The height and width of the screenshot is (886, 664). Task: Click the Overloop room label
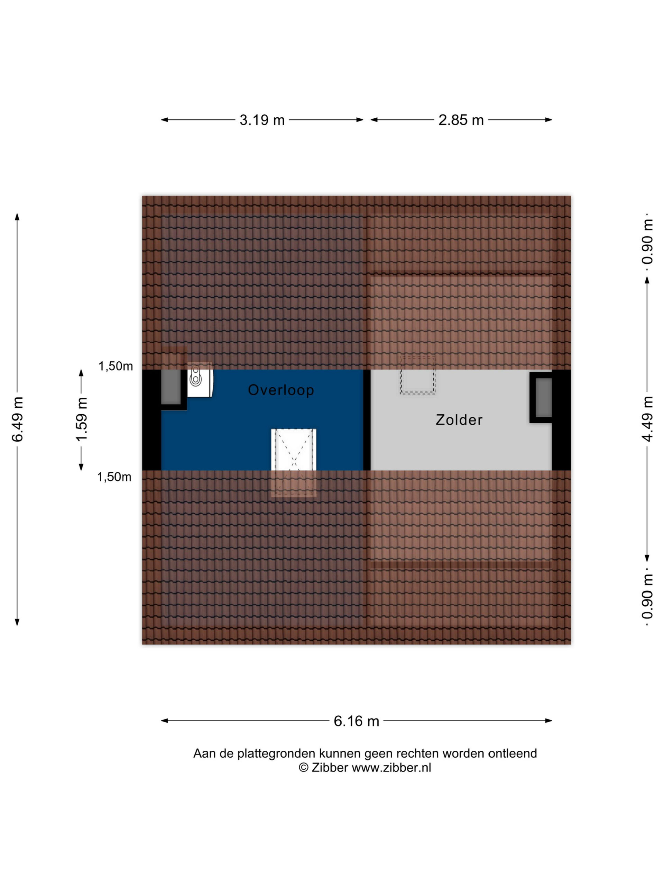280,390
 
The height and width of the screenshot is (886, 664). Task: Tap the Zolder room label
459,420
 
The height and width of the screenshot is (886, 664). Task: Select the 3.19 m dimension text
262,120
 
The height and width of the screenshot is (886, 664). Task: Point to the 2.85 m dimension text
461,120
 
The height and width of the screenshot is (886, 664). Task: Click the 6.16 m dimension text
356,721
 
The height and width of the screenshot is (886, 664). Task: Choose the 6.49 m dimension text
18,419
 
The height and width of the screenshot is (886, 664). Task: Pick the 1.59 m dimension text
82,419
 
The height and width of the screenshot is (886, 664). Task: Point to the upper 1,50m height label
116,366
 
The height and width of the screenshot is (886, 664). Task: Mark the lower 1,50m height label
114,477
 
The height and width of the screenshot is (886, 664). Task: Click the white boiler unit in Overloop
200,379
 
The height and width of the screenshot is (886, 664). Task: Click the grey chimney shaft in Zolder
544,397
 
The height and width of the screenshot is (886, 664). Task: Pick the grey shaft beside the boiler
170,387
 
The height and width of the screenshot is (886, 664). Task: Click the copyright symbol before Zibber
304,767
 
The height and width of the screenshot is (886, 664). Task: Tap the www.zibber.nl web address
391,767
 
